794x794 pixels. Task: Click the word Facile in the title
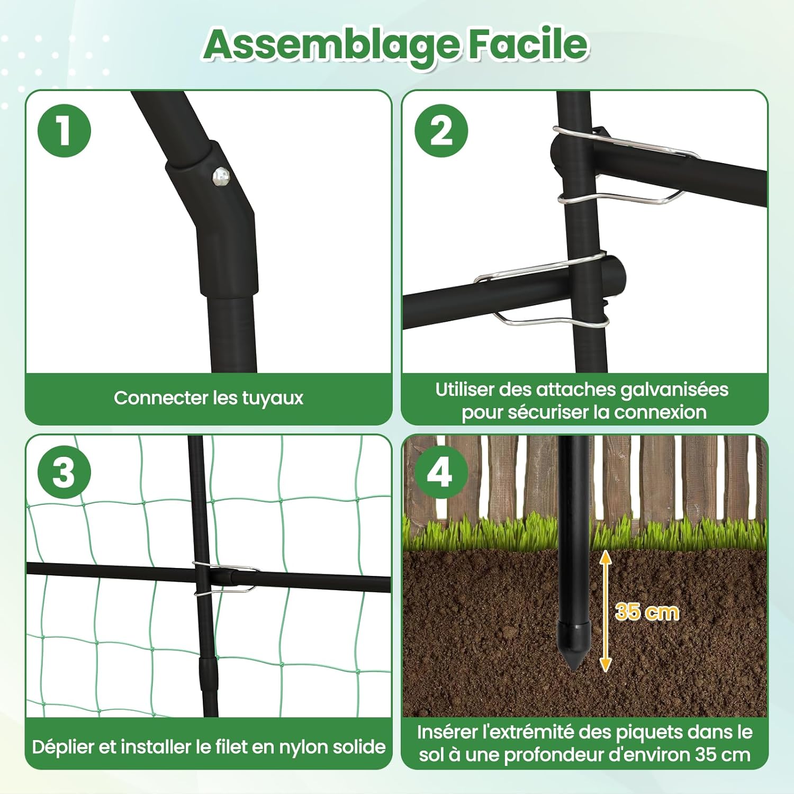click(528, 43)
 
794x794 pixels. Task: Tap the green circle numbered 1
click(65, 131)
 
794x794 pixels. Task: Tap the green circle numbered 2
click(441, 131)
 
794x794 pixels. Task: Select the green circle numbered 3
click(65, 472)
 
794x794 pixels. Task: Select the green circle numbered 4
click(441, 472)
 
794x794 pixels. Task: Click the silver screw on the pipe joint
click(220, 176)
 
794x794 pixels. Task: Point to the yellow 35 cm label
click(647, 612)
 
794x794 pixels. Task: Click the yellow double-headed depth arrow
click(606, 611)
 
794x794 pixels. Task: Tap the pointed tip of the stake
click(575, 669)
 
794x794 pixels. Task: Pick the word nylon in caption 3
click(304, 747)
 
